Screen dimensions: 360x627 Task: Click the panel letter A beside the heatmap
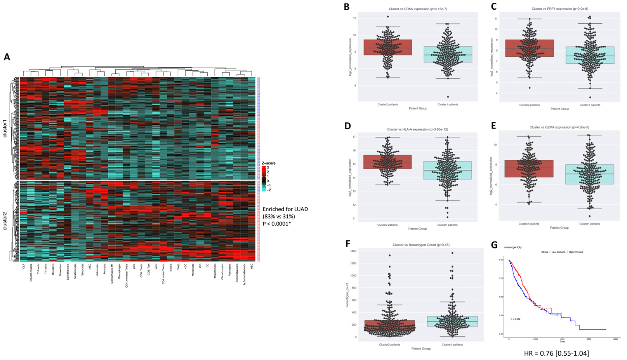pos(7,57)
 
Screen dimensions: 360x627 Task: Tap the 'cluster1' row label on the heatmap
pos(5,128)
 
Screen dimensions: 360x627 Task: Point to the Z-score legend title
pos(268,163)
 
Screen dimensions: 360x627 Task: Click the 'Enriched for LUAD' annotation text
pos(285,209)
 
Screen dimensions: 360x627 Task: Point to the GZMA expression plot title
pos(559,127)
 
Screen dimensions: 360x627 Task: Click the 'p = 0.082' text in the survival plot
pos(515,319)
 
